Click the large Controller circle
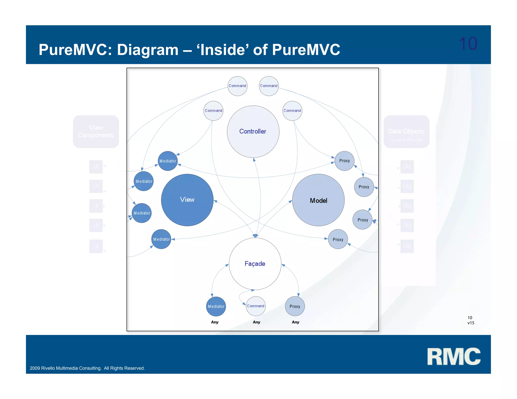coord(253,132)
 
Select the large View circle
coord(187,200)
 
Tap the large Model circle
coord(318,200)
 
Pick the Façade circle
coord(255,264)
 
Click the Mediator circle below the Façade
coord(216,306)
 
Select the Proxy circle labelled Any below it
coord(295,306)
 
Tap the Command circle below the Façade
coord(255,306)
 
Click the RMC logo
coord(454,356)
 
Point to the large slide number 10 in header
coord(468,44)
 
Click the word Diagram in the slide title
coord(148,50)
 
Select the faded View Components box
coord(96,131)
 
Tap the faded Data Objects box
coord(406,132)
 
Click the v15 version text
coord(471,323)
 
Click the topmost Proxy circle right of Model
coord(344,161)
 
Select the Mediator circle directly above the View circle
coord(168,161)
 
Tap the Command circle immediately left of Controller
coord(213,111)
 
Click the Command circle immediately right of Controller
coord(292,111)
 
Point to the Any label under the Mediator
coord(215,322)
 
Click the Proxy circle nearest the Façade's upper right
coord(338,239)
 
